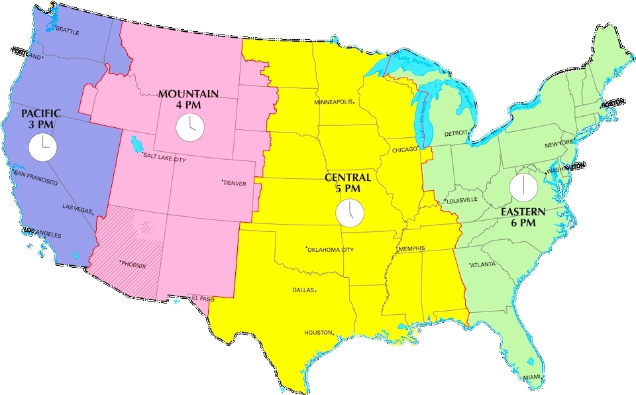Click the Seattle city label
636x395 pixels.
pyautogui.click(x=68, y=30)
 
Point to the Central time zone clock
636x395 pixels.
pyautogui.click(x=349, y=214)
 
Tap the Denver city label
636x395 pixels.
pyautogui.click(x=235, y=182)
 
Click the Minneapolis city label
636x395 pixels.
pyautogui.click(x=333, y=103)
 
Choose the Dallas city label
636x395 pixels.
pyautogui.click(x=303, y=290)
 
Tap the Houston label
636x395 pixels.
pyautogui.click(x=317, y=332)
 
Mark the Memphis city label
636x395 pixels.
pyautogui.click(x=411, y=249)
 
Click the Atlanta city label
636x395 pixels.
pyautogui.click(x=484, y=265)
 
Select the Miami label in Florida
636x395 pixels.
pyautogui.click(x=531, y=377)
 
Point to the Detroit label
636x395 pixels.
pyautogui.click(x=456, y=133)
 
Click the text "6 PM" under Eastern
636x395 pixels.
pyautogui.click(x=523, y=223)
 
